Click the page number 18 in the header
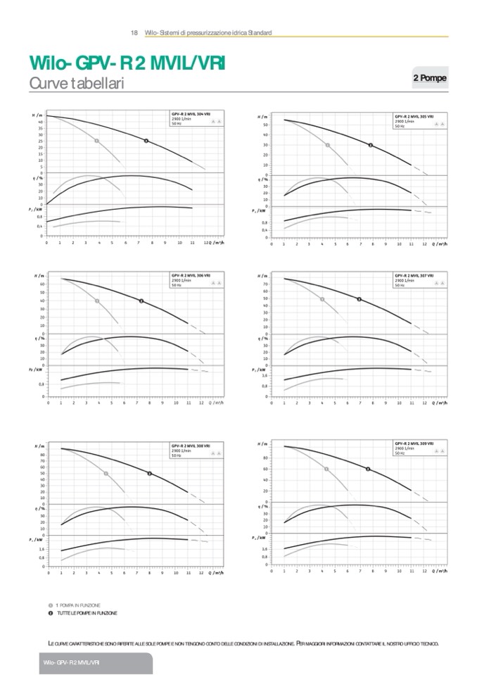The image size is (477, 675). coord(134,33)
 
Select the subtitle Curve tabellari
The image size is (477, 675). coord(77,84)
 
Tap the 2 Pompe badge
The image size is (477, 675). coord(429,78)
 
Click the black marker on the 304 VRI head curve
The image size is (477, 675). coord(146,141)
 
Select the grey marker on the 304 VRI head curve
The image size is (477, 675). coord(96,141)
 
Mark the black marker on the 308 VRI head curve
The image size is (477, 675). coord(150,473)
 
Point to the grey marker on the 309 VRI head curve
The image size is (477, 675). coord(326,469)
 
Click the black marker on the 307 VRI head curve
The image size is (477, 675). coord(360,299)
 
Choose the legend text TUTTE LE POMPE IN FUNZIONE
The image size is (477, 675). coord(87,613)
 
